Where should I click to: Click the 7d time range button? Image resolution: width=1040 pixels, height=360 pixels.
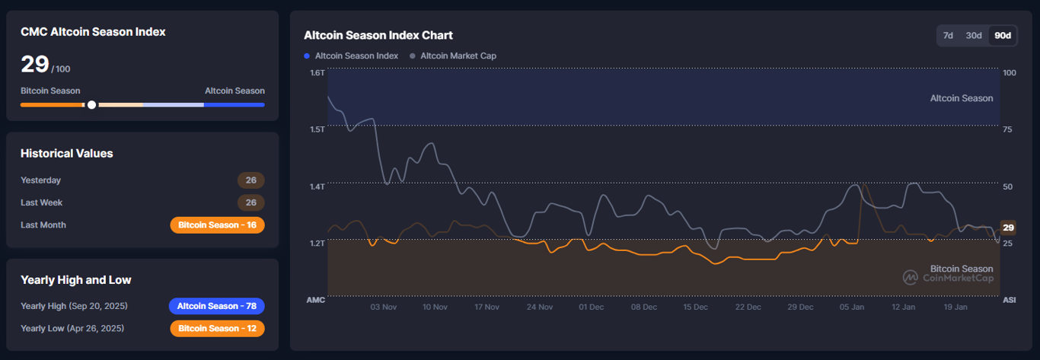948,36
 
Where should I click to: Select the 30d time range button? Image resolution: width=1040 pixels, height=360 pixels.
974,36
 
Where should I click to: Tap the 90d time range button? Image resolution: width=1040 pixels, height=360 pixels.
1003,36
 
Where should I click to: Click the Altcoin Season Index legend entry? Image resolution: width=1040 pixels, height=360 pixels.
351,56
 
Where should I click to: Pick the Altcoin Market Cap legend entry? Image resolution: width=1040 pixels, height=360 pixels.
453,56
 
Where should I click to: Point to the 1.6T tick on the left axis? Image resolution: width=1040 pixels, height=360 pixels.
317,73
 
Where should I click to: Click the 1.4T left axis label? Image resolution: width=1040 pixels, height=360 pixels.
317,186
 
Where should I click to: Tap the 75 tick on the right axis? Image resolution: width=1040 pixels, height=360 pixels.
1008,130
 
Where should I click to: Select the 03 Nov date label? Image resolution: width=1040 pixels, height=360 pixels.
384,307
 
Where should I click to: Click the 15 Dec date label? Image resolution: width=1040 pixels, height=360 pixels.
696,307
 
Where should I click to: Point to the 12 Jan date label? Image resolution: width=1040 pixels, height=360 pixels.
904,307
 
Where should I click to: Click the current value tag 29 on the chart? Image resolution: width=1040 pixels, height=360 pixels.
1008,228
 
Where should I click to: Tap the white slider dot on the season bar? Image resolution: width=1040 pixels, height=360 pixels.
92,105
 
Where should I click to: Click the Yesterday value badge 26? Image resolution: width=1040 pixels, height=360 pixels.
250,180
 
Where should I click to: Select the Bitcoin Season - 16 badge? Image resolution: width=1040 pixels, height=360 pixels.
217,225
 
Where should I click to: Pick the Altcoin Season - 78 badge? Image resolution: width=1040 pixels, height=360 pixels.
217,306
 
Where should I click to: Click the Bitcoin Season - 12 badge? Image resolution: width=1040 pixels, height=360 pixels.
217,329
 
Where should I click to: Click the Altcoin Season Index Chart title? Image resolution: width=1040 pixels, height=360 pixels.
378,35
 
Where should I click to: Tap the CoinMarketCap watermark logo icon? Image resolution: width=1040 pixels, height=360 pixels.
911,278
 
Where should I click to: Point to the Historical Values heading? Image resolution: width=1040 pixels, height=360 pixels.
67,154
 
